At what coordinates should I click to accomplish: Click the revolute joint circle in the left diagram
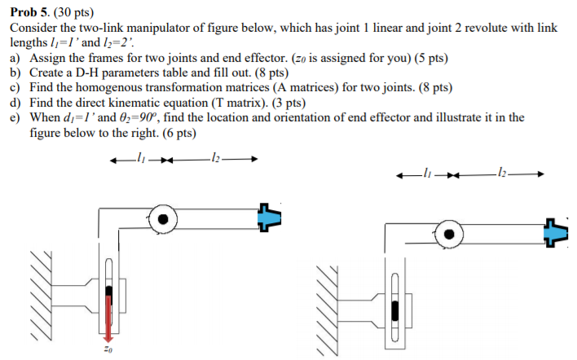165,218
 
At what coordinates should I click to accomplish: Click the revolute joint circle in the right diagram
448,234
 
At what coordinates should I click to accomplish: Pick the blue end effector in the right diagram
556,233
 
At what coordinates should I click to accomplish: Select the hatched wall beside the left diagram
46,294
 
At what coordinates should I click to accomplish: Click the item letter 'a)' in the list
15,59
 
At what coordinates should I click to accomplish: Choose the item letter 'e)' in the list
15,117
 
